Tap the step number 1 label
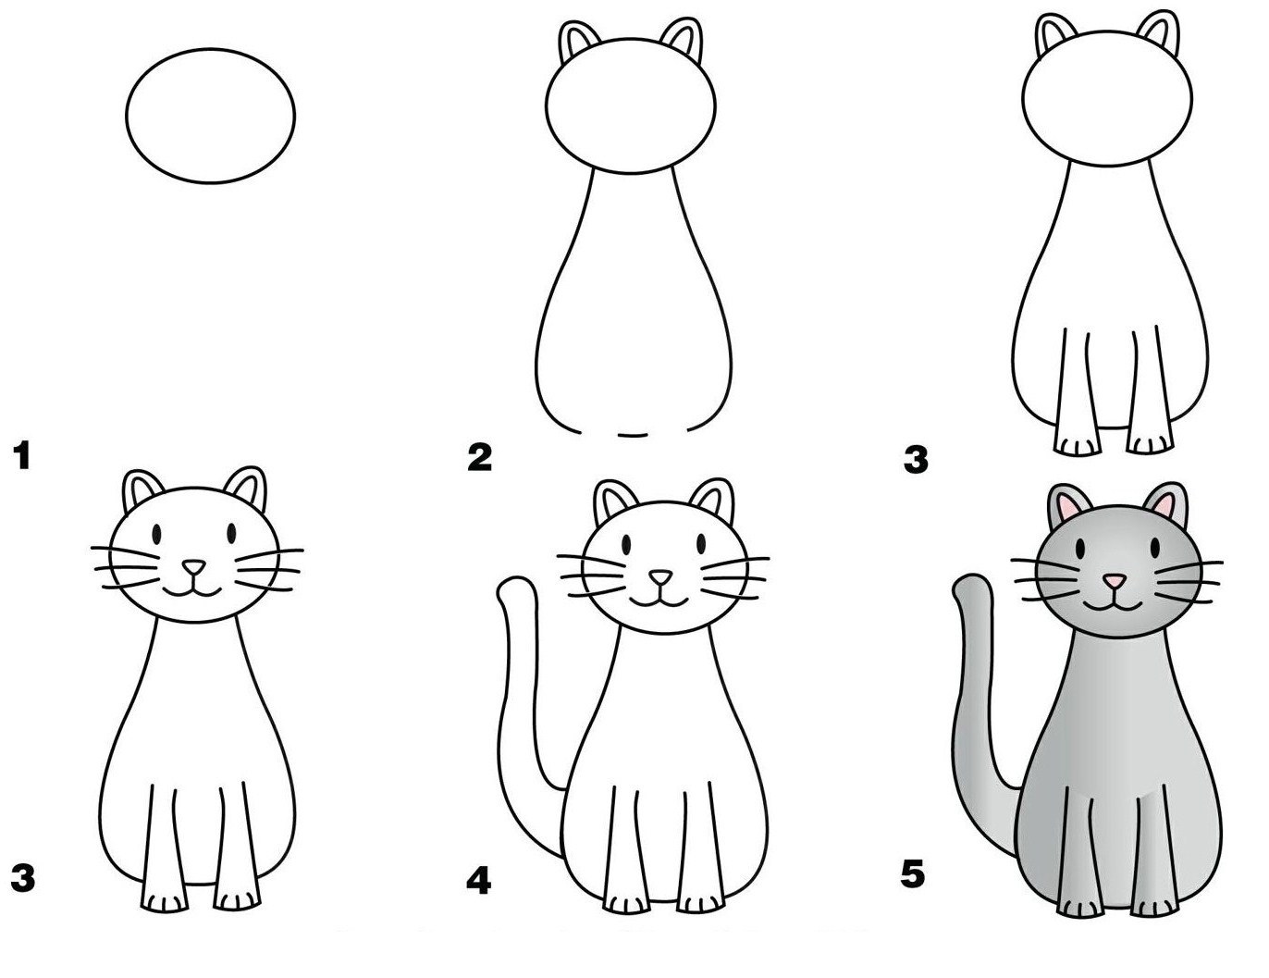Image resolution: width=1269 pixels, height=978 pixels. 23,456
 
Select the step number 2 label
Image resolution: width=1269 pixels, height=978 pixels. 479,458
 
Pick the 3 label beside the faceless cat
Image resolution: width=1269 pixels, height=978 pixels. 916,460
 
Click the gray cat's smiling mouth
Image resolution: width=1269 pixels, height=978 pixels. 1113,604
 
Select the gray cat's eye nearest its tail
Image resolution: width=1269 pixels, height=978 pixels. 1080,548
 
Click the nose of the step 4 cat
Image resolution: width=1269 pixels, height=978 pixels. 660,577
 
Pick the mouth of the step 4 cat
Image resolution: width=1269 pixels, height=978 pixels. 659,600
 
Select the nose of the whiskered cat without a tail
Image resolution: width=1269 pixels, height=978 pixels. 193,567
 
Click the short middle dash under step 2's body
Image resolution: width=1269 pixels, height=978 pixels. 633,435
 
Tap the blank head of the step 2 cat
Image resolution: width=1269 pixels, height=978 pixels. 632,105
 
